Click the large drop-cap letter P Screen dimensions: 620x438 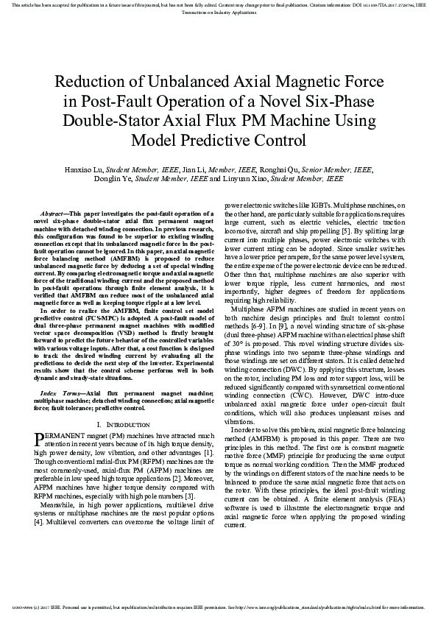click(x=40, y=440)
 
